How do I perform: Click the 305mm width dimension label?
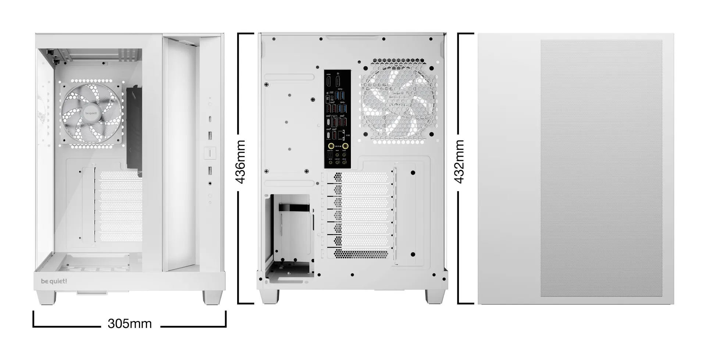tap(129, 324)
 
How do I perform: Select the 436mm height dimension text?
tap(240, 162)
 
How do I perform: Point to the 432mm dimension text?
tap(459, 162)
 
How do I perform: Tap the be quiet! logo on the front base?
tap(54, 281)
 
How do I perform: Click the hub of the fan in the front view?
tap(91, 113)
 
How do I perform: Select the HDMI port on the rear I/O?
tap(328, 81)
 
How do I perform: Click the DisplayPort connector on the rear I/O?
tap(338, 81)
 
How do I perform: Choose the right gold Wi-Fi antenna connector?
tap(345, 146)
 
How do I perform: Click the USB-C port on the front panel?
tap(210, 119)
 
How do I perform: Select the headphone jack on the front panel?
tap(210, 183)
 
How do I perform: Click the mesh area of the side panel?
tap(601, 168)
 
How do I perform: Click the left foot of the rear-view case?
tap(269, 296)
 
